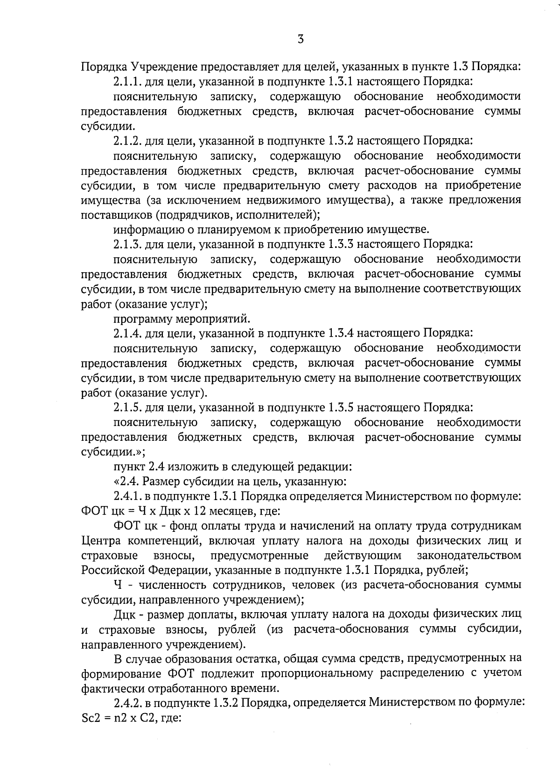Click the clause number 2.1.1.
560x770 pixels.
tap(127, 82)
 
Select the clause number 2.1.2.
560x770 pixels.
tap(127, 141)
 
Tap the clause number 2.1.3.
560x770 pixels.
tap(127, 244)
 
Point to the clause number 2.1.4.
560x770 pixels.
tap(127, 333)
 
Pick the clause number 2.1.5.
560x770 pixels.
tap(127, 408)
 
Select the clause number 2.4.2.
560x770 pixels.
tap(127, 703)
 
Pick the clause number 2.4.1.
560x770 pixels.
tap(127, 496)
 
